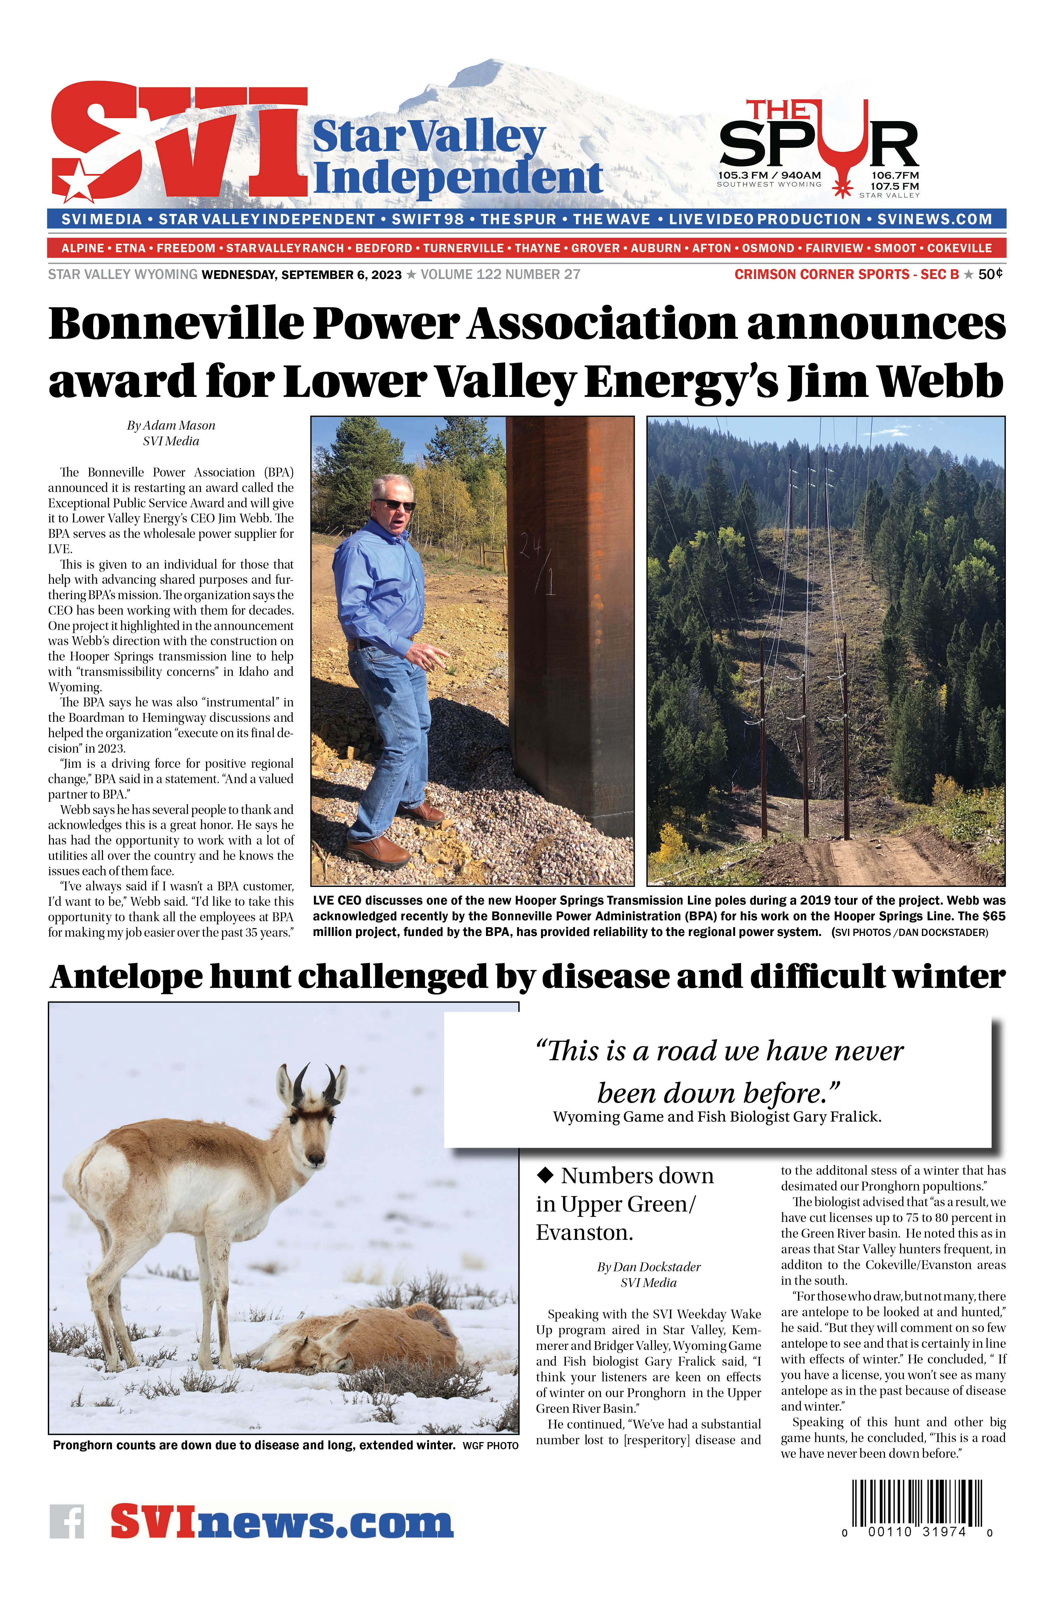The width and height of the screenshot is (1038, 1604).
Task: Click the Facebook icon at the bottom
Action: [x=67, y=1522]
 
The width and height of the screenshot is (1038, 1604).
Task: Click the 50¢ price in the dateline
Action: [x=990, y=274]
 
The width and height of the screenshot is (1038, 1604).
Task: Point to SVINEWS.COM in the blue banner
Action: [x=934, y=219]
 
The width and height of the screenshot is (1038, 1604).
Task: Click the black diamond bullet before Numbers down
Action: [x=544, y=1175]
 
